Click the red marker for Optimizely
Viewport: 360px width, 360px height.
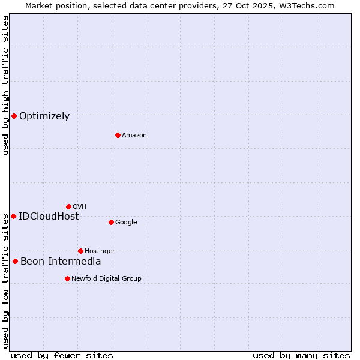tap(14, 116)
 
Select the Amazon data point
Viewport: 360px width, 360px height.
tap(118, 135)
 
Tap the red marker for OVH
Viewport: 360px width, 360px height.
tap(68, 206)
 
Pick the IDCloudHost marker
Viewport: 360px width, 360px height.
tap(13, 216)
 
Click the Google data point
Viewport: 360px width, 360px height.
tap(111, 222)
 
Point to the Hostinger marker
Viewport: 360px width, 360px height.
tap(80, 251)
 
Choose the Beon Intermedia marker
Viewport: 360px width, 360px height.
tap(15, 261)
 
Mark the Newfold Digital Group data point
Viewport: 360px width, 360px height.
tap(67, 278)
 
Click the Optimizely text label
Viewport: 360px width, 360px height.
tap(44, 116)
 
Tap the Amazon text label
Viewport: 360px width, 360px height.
tap(134, 136)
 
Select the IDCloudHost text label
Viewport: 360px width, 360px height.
tap(49, 217)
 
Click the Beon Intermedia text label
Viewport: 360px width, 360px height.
tap(61, 262)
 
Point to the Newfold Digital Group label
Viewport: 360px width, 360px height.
tap(106, 278)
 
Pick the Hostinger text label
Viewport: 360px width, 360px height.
tap(100, 251)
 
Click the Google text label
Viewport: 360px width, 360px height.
tap(126, 223)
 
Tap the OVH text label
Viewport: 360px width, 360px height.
tap(80, 207)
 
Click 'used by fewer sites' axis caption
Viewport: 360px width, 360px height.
tap(62, 355)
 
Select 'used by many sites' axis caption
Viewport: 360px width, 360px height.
tap(301, 355)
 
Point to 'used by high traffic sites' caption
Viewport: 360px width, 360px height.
tap(5, 85)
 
